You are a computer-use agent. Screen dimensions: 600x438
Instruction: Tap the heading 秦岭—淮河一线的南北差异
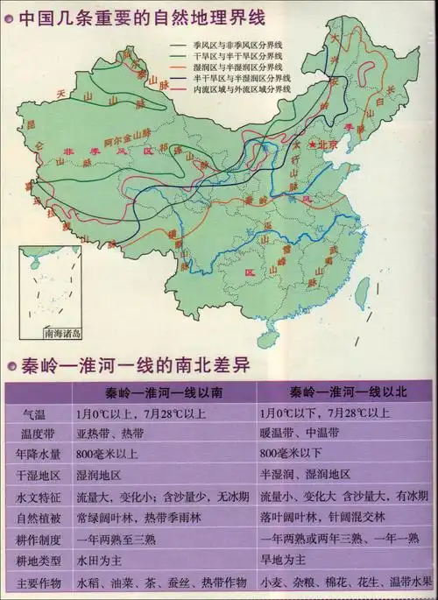(x=133, y=366)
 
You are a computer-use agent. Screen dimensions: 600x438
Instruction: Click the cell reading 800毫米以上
(x=109, y=455)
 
